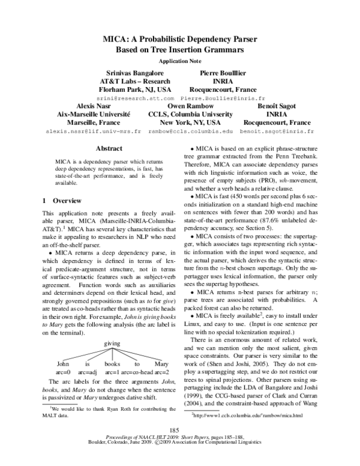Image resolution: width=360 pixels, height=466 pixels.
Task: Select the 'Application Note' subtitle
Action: tap(179, 61)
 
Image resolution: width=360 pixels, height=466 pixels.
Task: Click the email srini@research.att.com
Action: tap(136, 97)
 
